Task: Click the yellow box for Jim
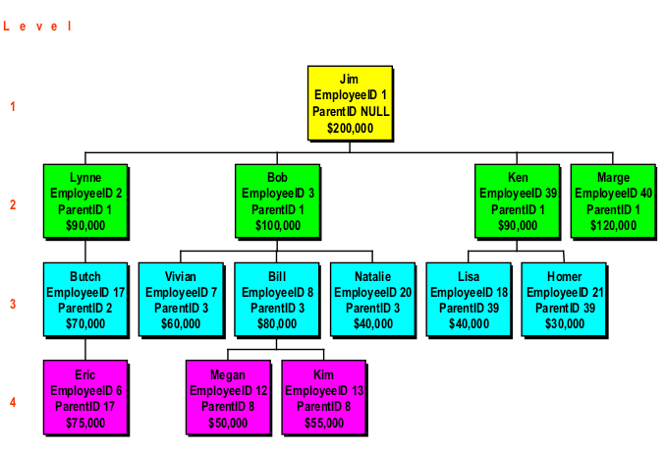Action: pyautogui.click(x=350, y=102)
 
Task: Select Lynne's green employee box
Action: pyautogui.click(x=86, y=201)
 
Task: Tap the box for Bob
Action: pyautogui.click(x=278, y=201)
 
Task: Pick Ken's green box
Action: pyautogui.click(x=516, y=201)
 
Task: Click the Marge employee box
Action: pyautogui.click(x=613, y=201)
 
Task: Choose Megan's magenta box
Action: pyautogui.click(x=229, y=398)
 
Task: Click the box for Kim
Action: pyautogui.click(x=324, y=398)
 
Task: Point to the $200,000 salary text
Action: pyautogui.click(x=350, y=128)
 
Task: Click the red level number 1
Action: pyautogui.click(x=13, y=106)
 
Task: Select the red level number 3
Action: pyautogui.click(x=13, y=304)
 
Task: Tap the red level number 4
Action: pyautogui.click(x=13, y=402)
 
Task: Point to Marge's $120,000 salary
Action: pyautogui.click(x=613, y=226)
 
